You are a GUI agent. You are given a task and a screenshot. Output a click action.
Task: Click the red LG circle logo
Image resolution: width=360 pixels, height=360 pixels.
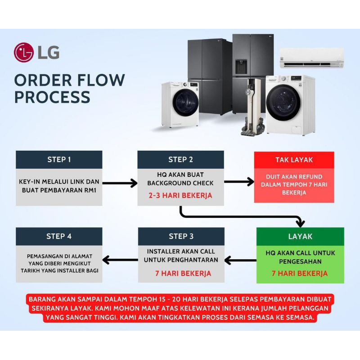[x=24, y=52]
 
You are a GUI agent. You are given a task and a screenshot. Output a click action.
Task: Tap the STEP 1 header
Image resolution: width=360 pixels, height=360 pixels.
[x=59, y=159]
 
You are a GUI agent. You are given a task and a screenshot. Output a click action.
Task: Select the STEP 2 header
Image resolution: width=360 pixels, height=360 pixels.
[x=180, y=159]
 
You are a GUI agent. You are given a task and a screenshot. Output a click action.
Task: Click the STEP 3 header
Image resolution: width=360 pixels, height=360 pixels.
[x=181, y=236]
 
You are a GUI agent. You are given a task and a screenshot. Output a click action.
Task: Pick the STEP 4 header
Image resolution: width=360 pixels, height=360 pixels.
[x=59, y=236]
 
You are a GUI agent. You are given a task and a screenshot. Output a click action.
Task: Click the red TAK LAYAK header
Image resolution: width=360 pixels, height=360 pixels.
[x=294, y=160]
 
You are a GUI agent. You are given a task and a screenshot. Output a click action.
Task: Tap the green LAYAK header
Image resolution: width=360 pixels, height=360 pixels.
[x=300, y=236]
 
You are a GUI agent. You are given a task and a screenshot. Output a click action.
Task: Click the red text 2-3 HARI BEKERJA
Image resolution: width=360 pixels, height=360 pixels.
[x=180, y=196]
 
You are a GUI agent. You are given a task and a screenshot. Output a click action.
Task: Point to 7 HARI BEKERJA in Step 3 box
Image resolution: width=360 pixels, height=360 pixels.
[x=181, y=273]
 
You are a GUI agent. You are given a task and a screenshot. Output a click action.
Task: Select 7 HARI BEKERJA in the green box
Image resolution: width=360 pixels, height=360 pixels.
[x=300, y=273]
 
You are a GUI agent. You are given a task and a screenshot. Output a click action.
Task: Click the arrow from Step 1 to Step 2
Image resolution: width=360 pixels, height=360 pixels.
[x=120, y=183]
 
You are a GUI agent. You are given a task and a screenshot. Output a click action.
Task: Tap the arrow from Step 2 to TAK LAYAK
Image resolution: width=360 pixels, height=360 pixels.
[x=239, y=182]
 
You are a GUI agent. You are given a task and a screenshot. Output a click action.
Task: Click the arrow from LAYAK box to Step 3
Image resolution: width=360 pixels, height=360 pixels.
[x=240, y=260]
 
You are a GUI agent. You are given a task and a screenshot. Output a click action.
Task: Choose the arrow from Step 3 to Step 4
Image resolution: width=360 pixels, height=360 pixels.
[x=120, y=260]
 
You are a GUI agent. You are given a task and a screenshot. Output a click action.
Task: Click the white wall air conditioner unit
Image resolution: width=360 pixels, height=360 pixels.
[x=311, y=58]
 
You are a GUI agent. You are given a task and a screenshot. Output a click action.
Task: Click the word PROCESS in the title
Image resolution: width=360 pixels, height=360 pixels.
[x=52, y=97]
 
